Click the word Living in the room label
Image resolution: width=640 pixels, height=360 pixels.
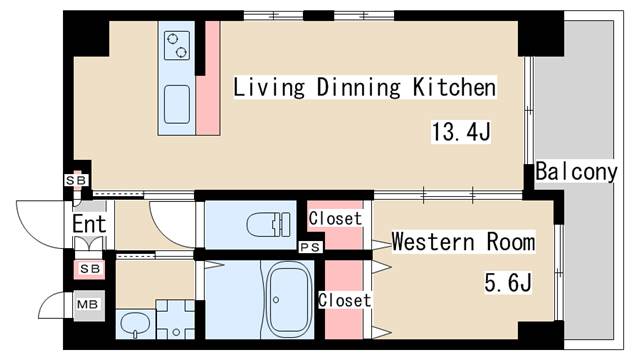click(x=269, y=87)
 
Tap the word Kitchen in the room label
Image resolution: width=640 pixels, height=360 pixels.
click(x=454, y=87)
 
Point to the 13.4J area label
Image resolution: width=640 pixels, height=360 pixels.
click(x=461, y=132)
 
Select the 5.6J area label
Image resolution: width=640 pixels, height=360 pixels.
click(x=508, y=282)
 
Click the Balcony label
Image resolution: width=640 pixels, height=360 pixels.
click(x=576, y=172)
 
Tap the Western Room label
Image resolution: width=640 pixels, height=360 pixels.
click(x=463, y=242)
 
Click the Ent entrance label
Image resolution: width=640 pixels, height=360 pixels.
click(x=89, y=224)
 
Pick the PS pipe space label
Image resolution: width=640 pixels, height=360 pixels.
click(x=311, y=247)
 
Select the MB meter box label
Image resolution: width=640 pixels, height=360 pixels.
click(x=88, y=304)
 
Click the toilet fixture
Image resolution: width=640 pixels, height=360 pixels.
click(x=269, y=224)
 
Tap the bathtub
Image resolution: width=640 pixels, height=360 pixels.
click(x=289, y=298)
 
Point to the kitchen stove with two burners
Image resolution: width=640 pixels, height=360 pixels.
click(x=177, y=45)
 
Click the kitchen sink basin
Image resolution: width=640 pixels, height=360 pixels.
click(x=177, y=104)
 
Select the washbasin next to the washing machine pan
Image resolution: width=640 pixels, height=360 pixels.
click(x=135, y=324)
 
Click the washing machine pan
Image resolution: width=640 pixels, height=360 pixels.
click(x=176, y=320)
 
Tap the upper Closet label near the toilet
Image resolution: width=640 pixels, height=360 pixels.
click(x=335, y=218)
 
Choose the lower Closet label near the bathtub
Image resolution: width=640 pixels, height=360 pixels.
click(x=344, y=300)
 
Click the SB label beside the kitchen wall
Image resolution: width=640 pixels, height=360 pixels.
click(x=76, y=180)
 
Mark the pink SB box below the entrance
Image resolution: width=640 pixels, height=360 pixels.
click(x=89, y=269)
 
